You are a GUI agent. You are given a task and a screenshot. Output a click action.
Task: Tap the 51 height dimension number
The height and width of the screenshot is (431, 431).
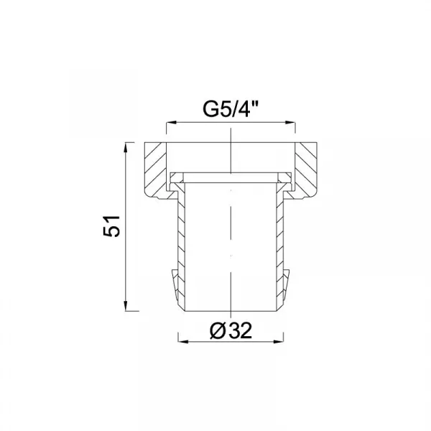[x=111, y=226]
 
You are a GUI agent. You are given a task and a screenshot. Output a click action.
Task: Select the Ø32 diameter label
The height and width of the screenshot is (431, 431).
[x=231, y=330]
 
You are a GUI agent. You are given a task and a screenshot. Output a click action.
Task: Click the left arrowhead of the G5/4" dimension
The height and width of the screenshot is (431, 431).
[x=172, y=123]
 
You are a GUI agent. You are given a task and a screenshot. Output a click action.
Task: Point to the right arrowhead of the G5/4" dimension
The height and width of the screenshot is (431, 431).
[x=290, y=123]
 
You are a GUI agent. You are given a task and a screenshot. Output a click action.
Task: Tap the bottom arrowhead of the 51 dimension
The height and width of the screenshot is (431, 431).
[x=126, y=306]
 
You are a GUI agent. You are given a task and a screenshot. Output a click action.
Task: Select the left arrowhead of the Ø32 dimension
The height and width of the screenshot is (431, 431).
[x=183, y=342]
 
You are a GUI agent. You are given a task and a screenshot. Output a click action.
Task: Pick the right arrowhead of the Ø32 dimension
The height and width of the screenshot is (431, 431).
[x=279, y=342]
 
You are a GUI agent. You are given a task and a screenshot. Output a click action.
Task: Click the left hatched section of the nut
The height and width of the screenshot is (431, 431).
[x=155, y=170]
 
